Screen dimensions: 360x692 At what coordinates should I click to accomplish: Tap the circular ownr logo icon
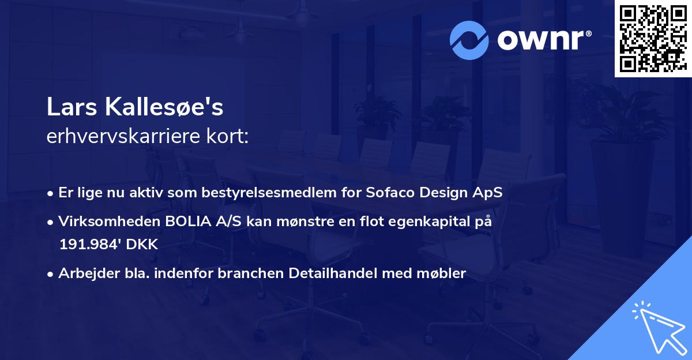tap(468, 40)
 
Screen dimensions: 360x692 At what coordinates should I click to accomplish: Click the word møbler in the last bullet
tap(443, 273)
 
